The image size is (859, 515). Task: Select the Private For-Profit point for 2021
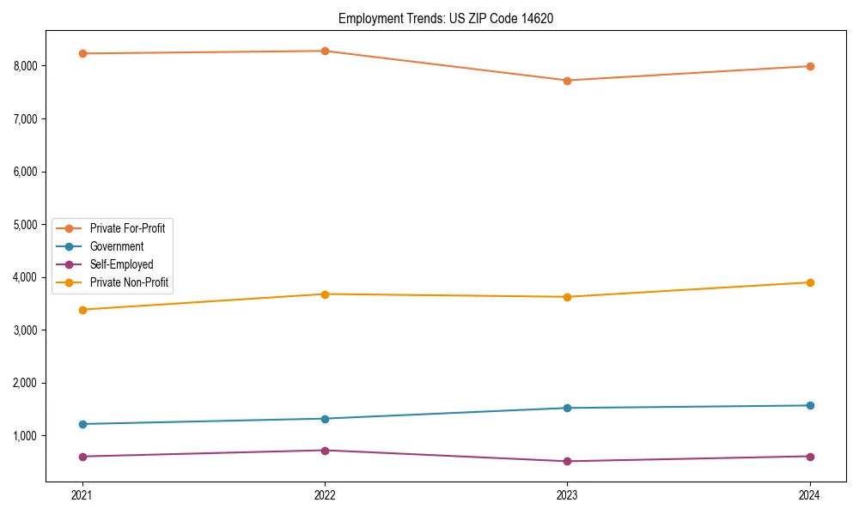pos(82,53)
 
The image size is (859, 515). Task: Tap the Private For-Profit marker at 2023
pos(567,81)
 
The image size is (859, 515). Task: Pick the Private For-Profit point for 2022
pos(325,51)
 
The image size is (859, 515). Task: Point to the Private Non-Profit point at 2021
pos(82,310)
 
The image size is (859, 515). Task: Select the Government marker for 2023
pos(567,408)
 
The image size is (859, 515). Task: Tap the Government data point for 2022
pos(325,419)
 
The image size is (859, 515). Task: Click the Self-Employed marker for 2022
pos(325,451)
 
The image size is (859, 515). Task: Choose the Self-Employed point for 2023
pos(567,461)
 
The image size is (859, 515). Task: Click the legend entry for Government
pos(117,246)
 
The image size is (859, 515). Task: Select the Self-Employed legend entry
pos(121,264)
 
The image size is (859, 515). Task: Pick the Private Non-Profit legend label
pos(127,282)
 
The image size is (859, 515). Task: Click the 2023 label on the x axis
pos(567,494)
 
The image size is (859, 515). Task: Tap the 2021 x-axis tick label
pos(82,494)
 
